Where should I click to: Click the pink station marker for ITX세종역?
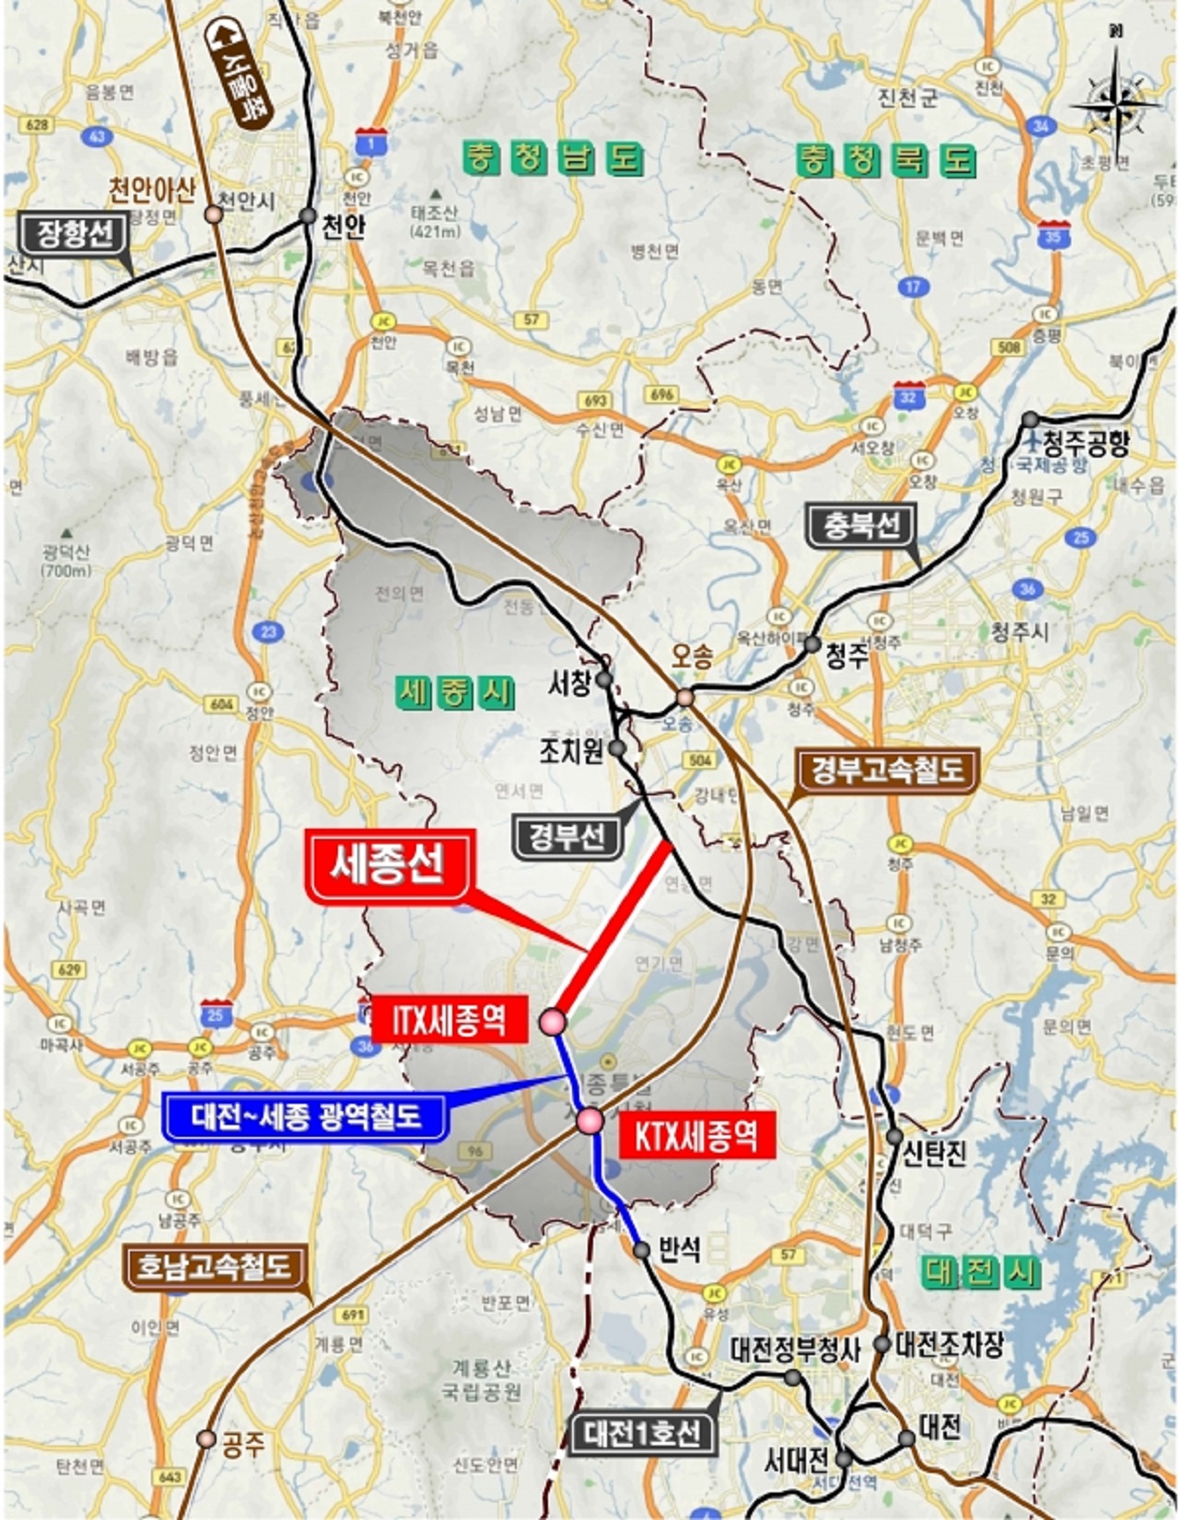click(553, 1021)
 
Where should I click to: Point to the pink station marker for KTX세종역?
click(589, 1120)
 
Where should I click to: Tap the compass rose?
click(1115, 103)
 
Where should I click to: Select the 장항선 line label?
click(76, 234)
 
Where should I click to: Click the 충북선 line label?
click(862, 526)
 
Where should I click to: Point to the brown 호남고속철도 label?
click(214, 1267)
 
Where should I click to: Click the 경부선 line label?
click(566, 836)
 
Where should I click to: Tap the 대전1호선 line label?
click(641, 1433)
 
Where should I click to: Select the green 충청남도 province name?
click(552, 158)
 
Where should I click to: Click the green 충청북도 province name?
click(885, 160)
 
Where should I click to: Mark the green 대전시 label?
click(982, 1273)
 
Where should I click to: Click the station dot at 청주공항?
click(1030, 421)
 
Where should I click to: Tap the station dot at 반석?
click(642, 1249)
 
